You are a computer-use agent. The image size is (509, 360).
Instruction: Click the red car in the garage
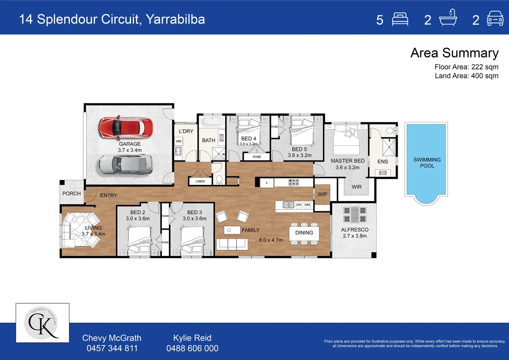tap(126, 128)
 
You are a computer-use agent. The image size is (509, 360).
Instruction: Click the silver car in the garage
tap(126, 165)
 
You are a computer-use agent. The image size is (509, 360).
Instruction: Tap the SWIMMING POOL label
tap(427, 163)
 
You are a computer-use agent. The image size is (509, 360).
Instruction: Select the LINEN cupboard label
tap(200, 181)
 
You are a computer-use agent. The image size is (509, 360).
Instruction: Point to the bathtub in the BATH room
tap(212, 122)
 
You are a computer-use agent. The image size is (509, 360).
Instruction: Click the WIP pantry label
tap(322, 194)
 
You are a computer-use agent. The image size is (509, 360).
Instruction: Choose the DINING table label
tap(304, 233)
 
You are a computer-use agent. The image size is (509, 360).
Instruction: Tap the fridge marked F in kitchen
tap(267, 183)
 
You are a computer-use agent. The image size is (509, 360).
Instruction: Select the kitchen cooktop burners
tap(293, 182)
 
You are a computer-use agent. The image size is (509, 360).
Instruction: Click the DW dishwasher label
tap(299, 205)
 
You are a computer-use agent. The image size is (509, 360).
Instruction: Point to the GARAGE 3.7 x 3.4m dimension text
tap(130, 150)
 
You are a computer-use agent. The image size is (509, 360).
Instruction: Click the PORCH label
tap(71, 193)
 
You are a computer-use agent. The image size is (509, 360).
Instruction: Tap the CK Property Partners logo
tap(42, 323)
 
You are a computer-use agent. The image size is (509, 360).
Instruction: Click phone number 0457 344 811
tap(112, 348)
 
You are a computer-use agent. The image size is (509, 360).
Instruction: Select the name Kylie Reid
tap(192, 338)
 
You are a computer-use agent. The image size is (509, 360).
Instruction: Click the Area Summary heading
tap(454, 53)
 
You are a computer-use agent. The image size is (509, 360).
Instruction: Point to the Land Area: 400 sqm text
tap(466, 76)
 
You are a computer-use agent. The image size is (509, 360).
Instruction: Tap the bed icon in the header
tap(400, 19)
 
